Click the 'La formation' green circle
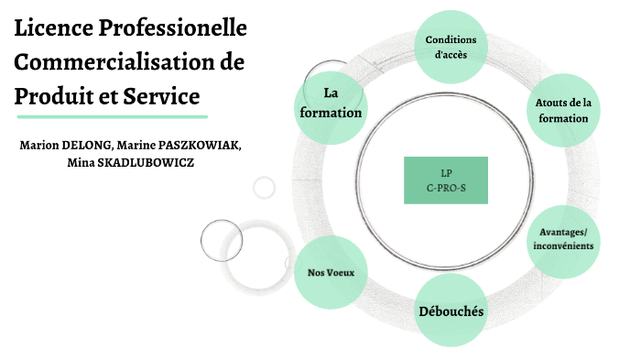pos(331,102)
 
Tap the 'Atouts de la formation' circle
pos(563,111)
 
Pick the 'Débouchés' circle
pos(451,311)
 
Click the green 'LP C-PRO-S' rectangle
pos(446,180)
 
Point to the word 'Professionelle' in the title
pos(174,30)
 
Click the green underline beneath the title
pos(111,116)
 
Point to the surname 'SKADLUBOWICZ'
pos(147,162)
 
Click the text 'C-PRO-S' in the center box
pos(446,187)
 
